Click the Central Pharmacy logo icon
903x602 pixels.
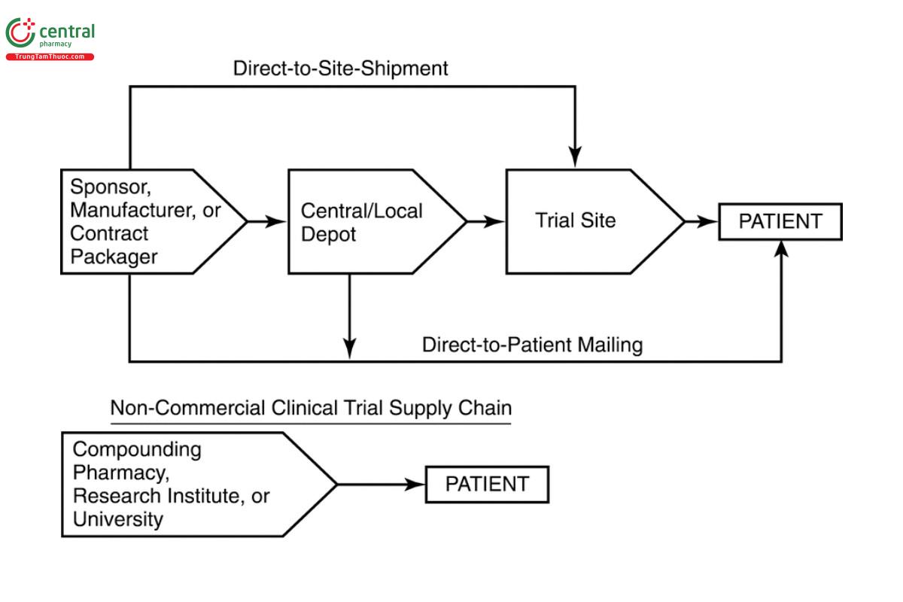20,34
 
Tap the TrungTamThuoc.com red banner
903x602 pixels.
50,57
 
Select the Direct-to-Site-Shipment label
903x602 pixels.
340,68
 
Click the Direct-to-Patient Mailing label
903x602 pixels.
532,345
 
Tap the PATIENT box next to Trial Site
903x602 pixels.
780,221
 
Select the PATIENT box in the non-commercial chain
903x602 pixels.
487,484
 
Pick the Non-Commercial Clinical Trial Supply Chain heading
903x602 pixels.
311,409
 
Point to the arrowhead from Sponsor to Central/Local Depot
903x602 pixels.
278,221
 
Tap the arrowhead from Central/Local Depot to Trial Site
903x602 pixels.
495,221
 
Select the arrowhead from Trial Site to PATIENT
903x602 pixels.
709,221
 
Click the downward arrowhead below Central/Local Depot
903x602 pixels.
349,348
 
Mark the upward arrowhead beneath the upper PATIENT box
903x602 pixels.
782,250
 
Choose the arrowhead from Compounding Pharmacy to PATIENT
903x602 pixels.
415,484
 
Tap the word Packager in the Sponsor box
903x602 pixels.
114,257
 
